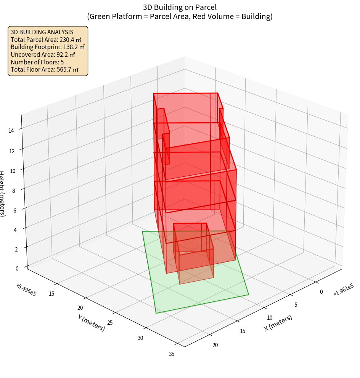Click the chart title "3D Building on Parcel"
tap(180, 7)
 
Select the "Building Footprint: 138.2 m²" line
tap(48, 47)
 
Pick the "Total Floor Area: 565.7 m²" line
tap(45, 70)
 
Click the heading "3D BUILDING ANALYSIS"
tap(42, 32)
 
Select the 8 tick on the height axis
tap(13, 191)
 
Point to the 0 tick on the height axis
tap(17, 269)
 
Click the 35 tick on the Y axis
tap(172, 354)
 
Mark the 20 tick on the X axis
tap(215, 345)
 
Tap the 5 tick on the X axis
tap(296, 304)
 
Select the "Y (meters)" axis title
tap(91, 322)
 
